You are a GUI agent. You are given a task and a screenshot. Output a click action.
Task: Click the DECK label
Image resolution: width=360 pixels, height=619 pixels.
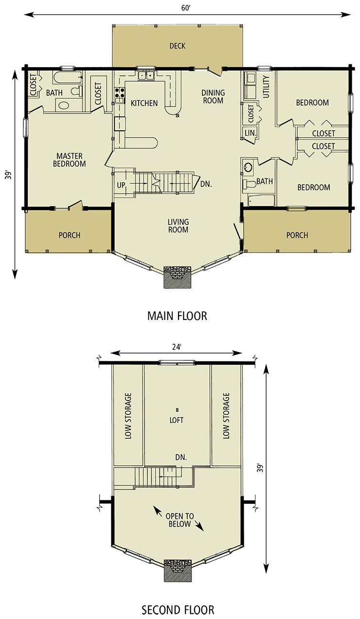click(178, 46)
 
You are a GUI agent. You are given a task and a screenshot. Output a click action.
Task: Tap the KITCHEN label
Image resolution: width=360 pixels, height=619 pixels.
click(144, 103)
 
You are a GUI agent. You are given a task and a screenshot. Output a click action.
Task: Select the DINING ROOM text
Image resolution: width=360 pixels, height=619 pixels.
click(213, 97)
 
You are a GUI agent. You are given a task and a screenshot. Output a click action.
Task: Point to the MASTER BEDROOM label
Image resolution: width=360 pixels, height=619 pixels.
click(69, 160)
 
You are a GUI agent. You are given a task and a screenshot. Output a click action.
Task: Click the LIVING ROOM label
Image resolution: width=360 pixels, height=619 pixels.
click(179, 226)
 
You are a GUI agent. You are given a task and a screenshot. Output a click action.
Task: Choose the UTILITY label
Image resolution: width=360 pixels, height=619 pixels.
click(266, 87)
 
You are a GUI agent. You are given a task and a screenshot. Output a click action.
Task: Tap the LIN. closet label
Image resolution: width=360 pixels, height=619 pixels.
click(250, 132)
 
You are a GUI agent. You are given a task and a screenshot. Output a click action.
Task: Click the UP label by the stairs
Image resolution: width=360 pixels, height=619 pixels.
click(122, 185)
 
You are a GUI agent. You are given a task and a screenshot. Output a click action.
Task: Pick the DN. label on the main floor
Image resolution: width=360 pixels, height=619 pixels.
click(206, 185)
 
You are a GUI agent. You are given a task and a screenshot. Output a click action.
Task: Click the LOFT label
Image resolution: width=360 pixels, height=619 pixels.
click(177, 420)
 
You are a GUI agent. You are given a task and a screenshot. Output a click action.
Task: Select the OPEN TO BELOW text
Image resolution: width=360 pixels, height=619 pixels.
click(180, 520)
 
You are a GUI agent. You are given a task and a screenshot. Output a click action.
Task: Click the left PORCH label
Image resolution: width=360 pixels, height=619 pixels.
click(70, 235)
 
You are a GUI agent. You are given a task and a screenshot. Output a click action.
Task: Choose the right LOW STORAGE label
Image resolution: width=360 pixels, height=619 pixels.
click(226, 416)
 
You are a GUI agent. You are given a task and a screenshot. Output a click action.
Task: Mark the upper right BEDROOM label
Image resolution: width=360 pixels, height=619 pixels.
click(312, 103)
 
